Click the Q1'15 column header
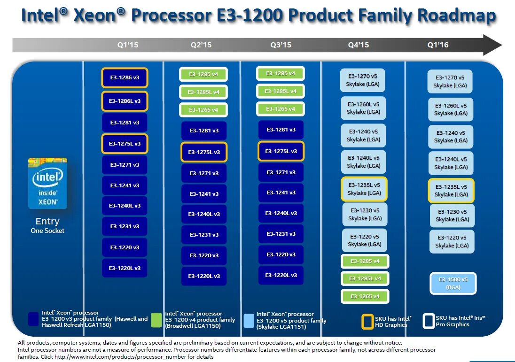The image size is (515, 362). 128,45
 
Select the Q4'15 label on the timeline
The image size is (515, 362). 358,45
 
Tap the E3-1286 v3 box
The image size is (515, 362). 125,77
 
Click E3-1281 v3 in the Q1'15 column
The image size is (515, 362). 125,123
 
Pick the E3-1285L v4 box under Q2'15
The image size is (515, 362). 203,92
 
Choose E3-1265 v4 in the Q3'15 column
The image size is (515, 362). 281,109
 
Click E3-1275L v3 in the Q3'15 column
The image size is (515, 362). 281,151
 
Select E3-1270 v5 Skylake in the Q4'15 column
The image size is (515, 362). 363,80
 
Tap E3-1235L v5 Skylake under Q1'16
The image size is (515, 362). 451,191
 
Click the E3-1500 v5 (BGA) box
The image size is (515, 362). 453,283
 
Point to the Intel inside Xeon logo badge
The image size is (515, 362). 47,184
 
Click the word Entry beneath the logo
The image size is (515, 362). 47,221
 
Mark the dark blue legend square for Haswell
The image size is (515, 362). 33,319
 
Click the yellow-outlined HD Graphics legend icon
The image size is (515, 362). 367,321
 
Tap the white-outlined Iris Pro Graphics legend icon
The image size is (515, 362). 428,321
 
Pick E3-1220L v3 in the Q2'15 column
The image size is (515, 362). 204,276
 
